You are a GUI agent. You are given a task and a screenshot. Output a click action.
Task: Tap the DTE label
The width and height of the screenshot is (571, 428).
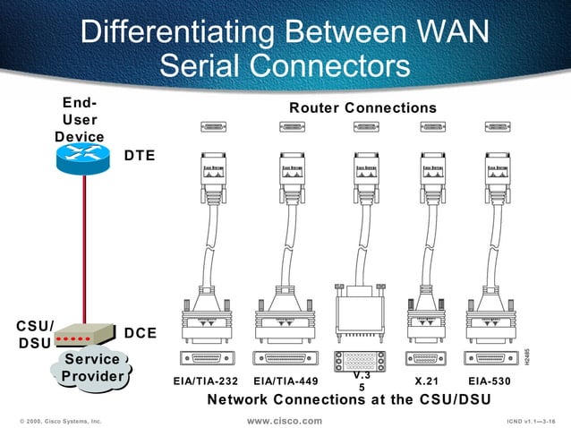tap(140, 155)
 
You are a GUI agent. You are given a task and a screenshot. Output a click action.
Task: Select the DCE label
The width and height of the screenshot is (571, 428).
tap(141, 333)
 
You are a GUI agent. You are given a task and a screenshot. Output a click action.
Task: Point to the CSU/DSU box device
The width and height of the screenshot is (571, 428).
tap(82, 337)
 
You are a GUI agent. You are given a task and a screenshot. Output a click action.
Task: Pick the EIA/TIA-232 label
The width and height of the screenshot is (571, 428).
tap(206, 381)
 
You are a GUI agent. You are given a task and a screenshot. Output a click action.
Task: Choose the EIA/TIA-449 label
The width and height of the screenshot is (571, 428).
tap(285, 381)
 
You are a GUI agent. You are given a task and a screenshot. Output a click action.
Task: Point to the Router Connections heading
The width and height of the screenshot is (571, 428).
tap(362, 108)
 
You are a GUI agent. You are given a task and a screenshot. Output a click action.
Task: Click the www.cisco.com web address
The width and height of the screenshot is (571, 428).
tap(285, 420)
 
